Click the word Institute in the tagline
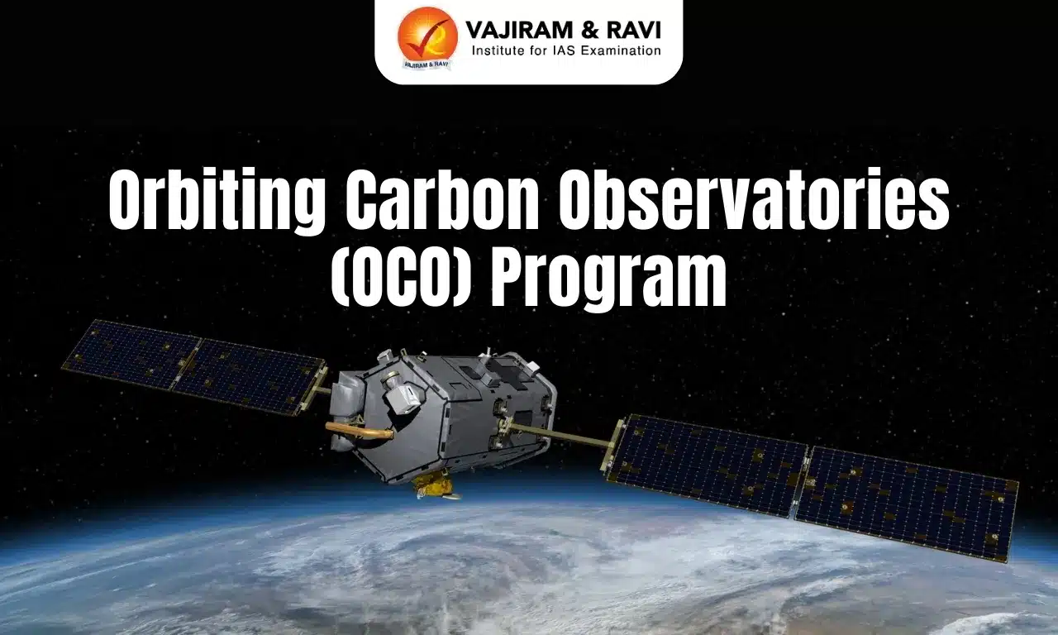499,51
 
